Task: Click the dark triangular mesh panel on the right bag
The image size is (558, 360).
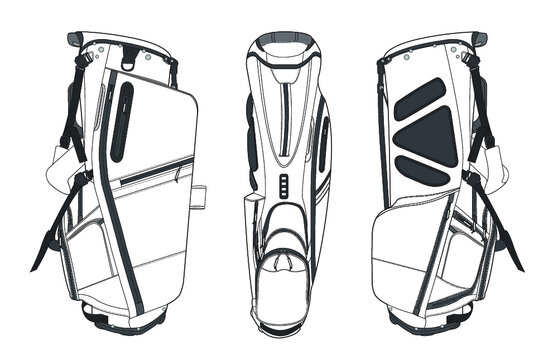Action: [x=432, y=135]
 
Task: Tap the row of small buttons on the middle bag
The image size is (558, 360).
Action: [x=283, y=186]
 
